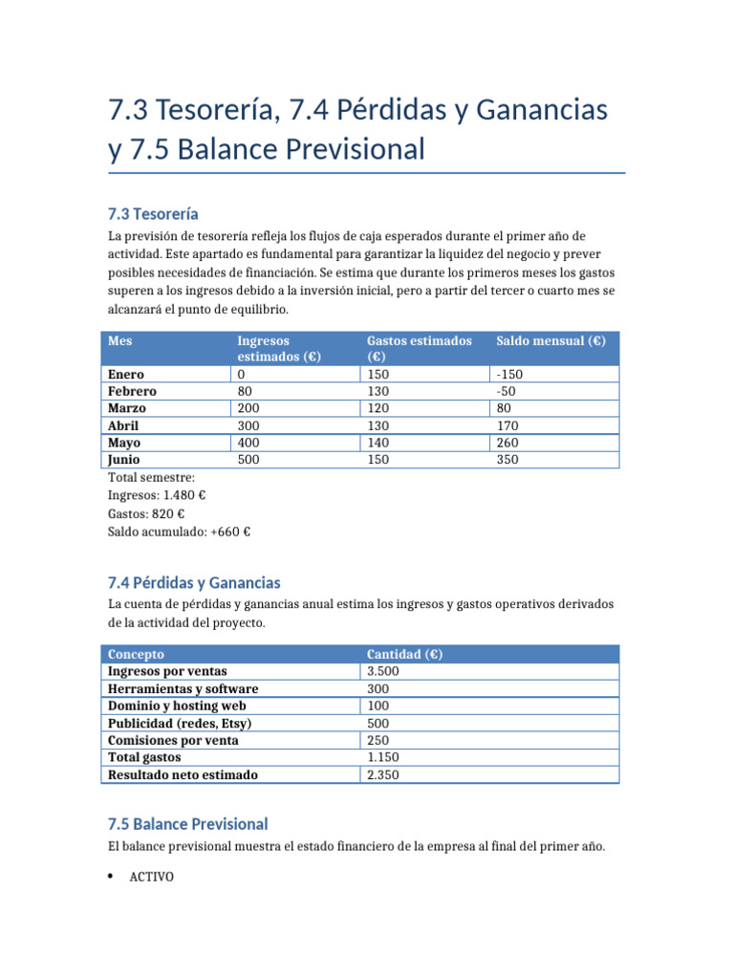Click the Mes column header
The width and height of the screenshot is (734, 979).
coord(120,340)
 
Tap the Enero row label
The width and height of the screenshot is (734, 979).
coord(127,375)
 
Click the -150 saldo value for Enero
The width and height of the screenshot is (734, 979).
coord(509,375)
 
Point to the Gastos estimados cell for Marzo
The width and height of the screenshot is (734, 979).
coord(378,408)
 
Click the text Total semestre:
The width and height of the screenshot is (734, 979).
coord(151,477)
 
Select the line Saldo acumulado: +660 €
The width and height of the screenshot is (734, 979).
coord(180,532)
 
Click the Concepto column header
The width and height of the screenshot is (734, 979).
coord(136,654)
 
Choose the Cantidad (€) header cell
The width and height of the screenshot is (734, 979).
coord(404,654)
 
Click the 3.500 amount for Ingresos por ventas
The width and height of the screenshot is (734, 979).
coord(383,671)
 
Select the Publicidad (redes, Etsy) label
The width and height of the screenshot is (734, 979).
coord(180,723)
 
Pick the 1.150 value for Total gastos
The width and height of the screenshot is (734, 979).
coord(383,757)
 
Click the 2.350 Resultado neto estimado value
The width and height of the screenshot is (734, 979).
coord(383,775)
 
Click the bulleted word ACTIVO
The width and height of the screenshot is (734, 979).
coord(151,876)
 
